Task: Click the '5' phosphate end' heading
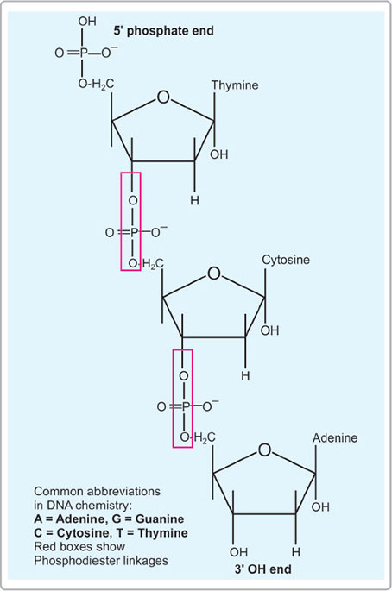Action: (164, 31)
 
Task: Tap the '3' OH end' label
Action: (263, 569)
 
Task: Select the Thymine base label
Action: (235, 85)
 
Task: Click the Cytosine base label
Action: (286, 260)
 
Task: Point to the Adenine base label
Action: (335, 438)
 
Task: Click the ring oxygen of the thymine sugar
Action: (163, 97)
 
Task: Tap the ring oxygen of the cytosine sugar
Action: (214, 273)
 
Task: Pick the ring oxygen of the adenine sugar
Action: (264, 450)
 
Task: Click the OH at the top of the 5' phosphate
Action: (87, 22)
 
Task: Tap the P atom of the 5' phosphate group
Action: (83, 53)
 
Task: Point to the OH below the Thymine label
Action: (219, 154)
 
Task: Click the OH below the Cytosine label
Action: (269, 331)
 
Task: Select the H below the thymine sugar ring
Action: (194, 200)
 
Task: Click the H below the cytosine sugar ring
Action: (245, 376)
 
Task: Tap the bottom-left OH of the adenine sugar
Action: (239, 552)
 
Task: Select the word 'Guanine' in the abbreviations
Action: (160, 519)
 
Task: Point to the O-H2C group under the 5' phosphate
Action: (96, 84)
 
